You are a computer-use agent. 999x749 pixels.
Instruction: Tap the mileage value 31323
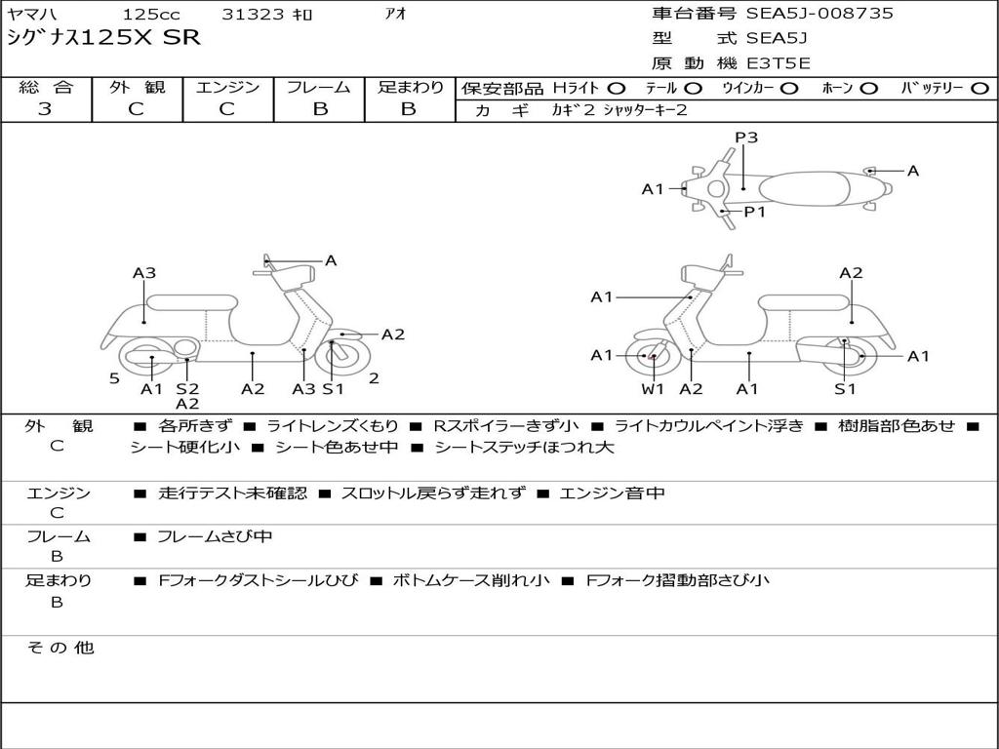point(253,15)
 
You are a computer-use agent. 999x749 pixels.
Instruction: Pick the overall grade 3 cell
point(45,109)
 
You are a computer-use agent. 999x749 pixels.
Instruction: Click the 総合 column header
point(46,88)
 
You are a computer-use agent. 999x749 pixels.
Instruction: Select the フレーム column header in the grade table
point(319,88)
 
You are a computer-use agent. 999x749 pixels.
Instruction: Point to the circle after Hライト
point(616,88)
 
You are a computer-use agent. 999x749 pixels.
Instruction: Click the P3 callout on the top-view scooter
point(746,138)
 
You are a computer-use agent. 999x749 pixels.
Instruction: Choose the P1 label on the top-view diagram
point(755,212)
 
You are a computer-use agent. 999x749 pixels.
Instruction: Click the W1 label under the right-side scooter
point(652,389)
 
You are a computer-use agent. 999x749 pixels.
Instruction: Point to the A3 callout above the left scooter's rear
point(144,273)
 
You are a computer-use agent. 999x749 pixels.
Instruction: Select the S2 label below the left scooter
point(187,389)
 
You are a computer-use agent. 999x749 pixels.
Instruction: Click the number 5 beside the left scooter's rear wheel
point(114,378)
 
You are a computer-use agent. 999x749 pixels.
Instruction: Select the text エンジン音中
point(612,493)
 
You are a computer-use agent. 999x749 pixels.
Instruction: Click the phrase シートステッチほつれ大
point(524,448)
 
